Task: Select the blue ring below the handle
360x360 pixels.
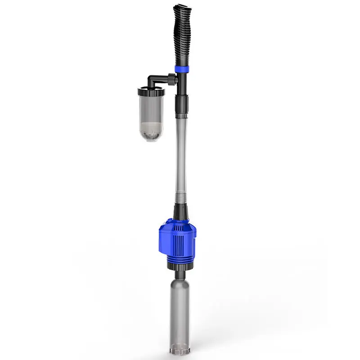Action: [182, 69]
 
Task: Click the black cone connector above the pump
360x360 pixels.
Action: [180, 211]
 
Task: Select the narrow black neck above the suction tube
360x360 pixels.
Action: [179, 274]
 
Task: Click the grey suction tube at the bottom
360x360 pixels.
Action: [179, 310]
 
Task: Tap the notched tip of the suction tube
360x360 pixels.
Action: [179, 349]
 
